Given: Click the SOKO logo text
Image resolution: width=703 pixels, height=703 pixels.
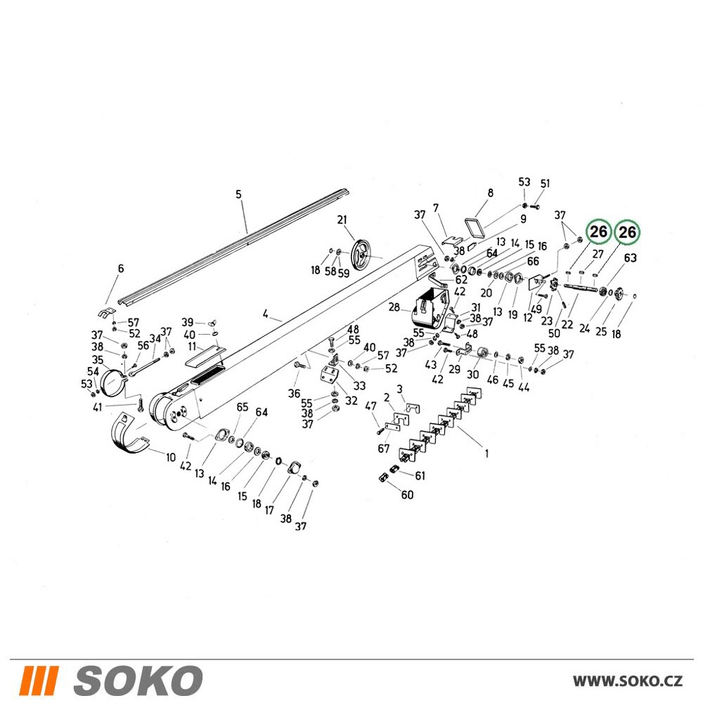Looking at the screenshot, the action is (138, 681).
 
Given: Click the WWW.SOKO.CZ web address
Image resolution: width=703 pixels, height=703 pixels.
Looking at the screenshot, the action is (628, 681).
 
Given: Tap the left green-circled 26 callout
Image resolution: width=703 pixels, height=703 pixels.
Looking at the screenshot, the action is (598, 232).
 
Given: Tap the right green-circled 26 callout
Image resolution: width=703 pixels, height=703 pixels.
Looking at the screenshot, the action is (627, 232).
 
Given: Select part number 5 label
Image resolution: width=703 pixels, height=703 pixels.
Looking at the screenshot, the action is (238, 194).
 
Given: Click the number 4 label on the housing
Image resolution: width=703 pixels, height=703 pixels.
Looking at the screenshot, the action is (266, 314).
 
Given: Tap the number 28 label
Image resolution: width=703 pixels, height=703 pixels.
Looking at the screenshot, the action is (394, 307).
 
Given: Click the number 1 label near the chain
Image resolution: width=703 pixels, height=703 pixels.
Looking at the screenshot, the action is (487, 453).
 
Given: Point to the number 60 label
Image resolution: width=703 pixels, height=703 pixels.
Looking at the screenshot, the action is (407, 495).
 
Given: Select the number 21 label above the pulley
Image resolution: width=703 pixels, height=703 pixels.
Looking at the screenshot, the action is (342, 219).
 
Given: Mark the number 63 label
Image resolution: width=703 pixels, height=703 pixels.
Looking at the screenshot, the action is (630, 258).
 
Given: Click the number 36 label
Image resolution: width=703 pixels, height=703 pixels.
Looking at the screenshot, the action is (294, 394).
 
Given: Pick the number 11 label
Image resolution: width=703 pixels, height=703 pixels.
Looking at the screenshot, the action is (193, 347).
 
